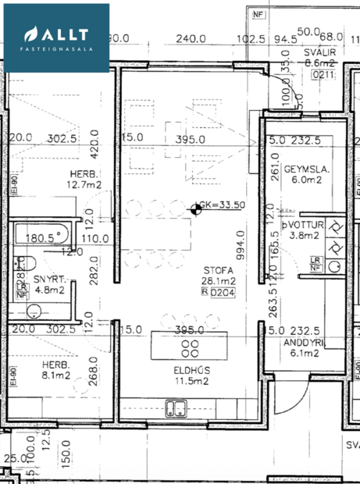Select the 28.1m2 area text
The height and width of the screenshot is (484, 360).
224,281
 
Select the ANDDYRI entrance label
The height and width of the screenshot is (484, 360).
305,342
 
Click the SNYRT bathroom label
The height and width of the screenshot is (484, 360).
48,279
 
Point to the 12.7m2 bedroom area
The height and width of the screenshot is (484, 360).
84,185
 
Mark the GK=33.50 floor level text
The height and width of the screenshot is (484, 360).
223,206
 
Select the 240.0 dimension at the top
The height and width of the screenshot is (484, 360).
190,37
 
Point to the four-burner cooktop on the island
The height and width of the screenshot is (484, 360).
188,347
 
